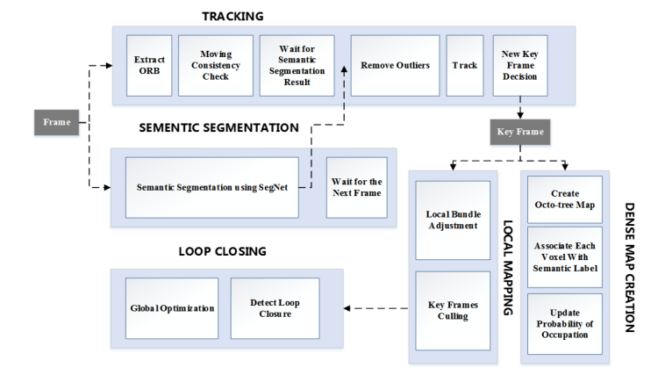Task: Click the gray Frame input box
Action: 57,122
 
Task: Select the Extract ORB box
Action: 149,65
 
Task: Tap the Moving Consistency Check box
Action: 215,65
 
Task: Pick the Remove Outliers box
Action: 395,65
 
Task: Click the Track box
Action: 464,65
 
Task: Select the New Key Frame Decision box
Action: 520,65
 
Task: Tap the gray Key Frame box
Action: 520,132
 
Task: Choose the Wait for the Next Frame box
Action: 355,187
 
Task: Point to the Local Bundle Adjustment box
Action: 452,220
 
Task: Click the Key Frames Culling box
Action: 452,309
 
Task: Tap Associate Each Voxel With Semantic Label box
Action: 564,256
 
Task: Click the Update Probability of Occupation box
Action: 564,324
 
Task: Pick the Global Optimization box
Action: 172,308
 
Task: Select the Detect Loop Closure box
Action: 275,308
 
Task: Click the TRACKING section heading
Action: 232,16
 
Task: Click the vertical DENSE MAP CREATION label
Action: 630,267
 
